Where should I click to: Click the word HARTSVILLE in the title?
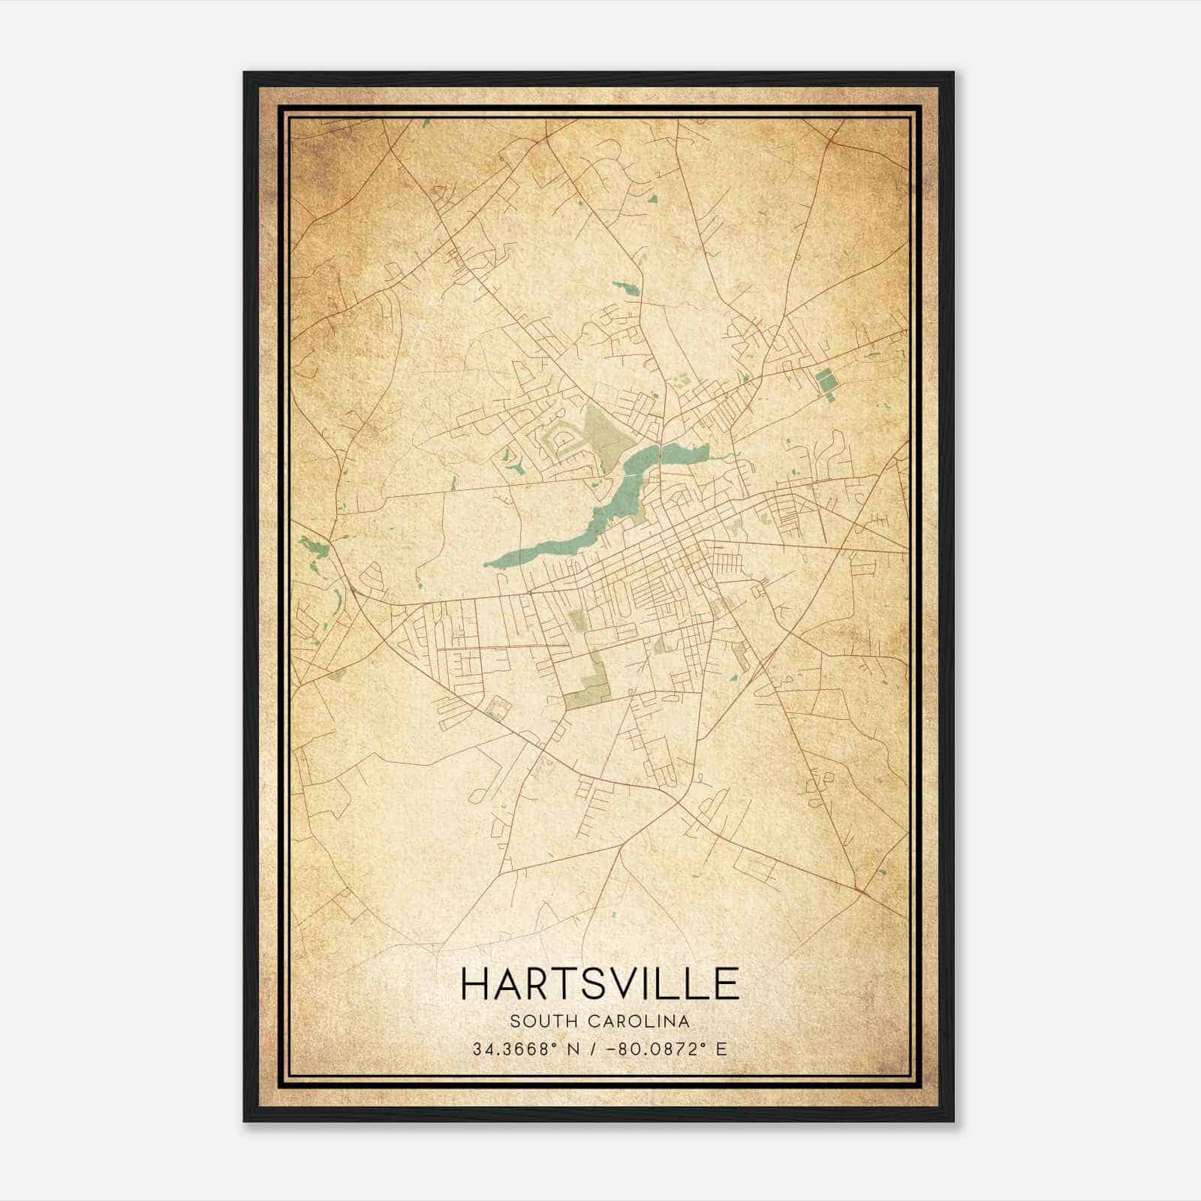point(600,983)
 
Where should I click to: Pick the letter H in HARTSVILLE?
point(475,983)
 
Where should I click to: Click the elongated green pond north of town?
point(625,287)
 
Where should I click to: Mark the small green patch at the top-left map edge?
point(426,122)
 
